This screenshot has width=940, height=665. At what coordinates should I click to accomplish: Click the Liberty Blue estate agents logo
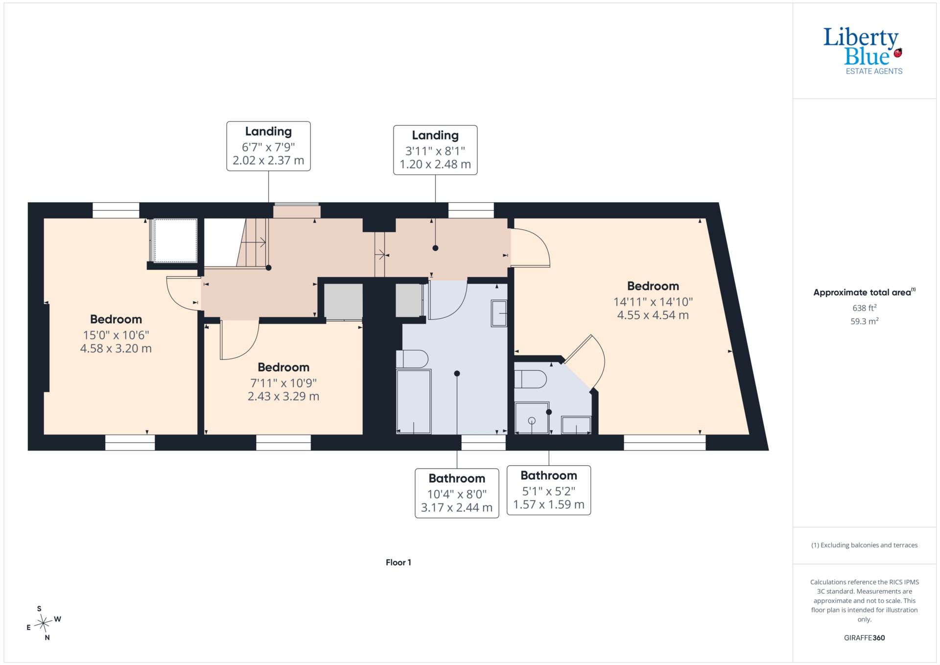pyautogui.click(x=863, y=51)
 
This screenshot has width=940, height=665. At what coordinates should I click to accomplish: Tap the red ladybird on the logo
pyautogui.click(x=898, y=53)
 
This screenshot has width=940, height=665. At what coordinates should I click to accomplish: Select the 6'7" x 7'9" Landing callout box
pyautogui.click(x=268, y=146)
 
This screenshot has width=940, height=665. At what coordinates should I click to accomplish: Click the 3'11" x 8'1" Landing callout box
pyautogui.click(x=435, y=150)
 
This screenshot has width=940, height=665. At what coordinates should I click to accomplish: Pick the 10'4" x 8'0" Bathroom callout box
pyautogui.click(x=457, y=493)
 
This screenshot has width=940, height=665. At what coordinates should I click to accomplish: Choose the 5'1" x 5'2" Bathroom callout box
pyautogui.click(x=549, y=490)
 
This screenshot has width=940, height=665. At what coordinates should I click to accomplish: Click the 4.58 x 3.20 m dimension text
pyautogui.click(x=116, y=349)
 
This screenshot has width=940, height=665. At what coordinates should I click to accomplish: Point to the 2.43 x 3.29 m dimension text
pyautogui.click(x=283, y=397)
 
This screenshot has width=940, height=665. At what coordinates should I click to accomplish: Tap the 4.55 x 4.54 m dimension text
pyautogui.click(x=653, y=315)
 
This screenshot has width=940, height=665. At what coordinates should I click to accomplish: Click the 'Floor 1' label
pyautogui.click(x=399, y=563)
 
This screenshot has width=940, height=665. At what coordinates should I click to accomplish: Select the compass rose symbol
pyautogui.click(x=44, y=623)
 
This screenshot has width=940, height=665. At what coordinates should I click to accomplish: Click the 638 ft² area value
pyautogui.click(x=865, y=308)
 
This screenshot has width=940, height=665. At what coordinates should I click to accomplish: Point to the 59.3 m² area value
pyautogui.click(x=865, y=321)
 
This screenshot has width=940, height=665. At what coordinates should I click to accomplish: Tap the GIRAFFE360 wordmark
pyautogui.click(x=865, y=638)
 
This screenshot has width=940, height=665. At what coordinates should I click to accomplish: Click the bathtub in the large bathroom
pyautogui.click(x=414, y=402)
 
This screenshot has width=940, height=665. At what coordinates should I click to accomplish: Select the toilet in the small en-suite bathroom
pyautogui.click(x=531, y=379)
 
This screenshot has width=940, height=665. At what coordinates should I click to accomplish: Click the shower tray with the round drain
pyautogui.click(x=532, y=418)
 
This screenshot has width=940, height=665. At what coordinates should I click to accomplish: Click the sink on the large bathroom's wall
pyautogui.click(x=499, y=313)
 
